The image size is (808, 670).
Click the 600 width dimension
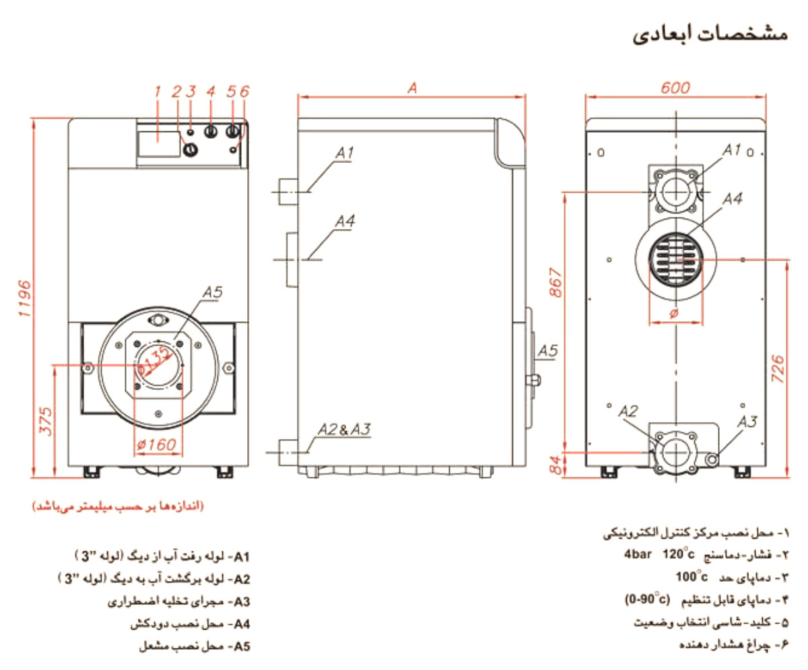(x=675, y=88)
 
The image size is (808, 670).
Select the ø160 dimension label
(x=156, y=444)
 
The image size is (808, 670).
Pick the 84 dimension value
(x=556, y=464)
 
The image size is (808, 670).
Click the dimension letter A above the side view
(x=413, y=88)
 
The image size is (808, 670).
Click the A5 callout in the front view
(x=211, y=292)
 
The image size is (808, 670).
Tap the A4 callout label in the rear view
(x=733, y=199)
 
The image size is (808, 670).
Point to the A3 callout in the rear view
(x=747, y=422)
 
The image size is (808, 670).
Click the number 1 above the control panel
(x=158, y=91)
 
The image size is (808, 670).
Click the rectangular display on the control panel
(x=159, y=143)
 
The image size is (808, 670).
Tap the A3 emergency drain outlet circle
(x=712, y=458)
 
